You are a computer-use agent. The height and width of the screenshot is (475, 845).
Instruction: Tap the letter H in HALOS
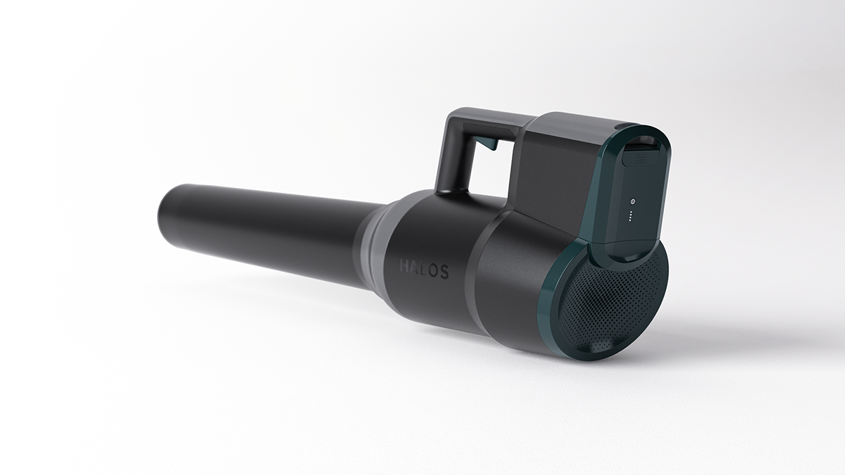point(405,267)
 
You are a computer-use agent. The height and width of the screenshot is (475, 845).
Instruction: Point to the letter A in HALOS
point(415,268)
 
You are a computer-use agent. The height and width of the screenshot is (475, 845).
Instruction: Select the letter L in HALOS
point(424,270)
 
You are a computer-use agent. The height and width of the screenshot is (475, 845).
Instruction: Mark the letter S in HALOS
point(444,273)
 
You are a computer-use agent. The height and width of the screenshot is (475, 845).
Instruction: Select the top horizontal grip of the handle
point(486,118)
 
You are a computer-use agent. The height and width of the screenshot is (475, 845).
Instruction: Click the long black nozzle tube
point(268,225)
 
